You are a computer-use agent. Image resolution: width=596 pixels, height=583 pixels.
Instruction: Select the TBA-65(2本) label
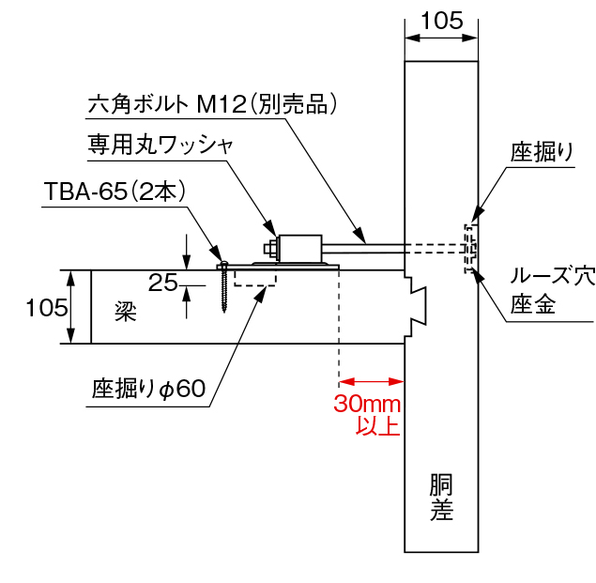tap(116, 192)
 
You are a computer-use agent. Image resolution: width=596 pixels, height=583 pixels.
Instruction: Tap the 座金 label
tap(532, 304)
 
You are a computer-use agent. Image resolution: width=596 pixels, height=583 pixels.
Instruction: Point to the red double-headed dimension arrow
tap(371, 382)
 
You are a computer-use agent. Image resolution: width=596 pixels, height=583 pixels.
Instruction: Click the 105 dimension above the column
tap(441, 20)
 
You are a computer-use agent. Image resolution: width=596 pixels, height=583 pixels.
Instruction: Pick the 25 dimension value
tap(163, 283)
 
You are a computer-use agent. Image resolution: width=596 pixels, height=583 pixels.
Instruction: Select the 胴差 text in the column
tap(441, 498)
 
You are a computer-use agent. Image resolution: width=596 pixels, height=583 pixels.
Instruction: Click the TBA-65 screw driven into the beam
tap(223, 285)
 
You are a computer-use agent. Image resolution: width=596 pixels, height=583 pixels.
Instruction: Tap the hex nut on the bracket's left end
tap(269, 249)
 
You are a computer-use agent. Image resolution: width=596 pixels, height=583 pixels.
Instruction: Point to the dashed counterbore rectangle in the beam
tap(254, 278)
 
